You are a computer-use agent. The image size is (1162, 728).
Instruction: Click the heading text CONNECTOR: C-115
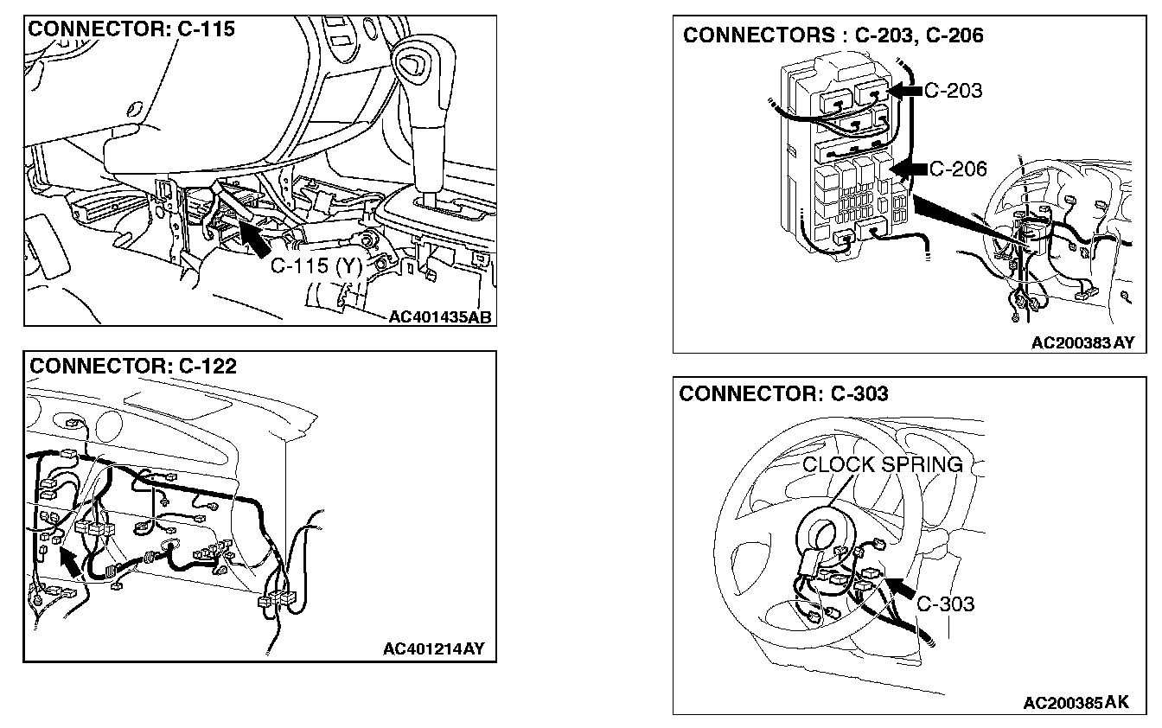point(131,29)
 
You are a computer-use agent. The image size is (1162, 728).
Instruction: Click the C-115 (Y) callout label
point(316,266)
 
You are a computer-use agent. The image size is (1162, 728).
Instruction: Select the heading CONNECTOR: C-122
point(133,366)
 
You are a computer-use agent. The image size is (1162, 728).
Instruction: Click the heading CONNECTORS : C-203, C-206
point(833,35)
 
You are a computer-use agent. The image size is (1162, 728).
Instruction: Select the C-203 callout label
point(953,90)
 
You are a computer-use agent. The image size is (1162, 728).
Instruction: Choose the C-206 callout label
point(956,169)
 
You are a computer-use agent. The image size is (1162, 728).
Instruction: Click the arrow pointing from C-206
point(909,169)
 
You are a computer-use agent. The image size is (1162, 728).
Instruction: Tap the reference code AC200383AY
point(1082,342)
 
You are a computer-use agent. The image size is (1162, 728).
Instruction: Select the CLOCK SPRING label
point(882,464)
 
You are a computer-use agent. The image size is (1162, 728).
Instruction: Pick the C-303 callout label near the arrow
point(945,603)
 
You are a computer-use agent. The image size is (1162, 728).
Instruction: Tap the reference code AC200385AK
point(1076,703)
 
